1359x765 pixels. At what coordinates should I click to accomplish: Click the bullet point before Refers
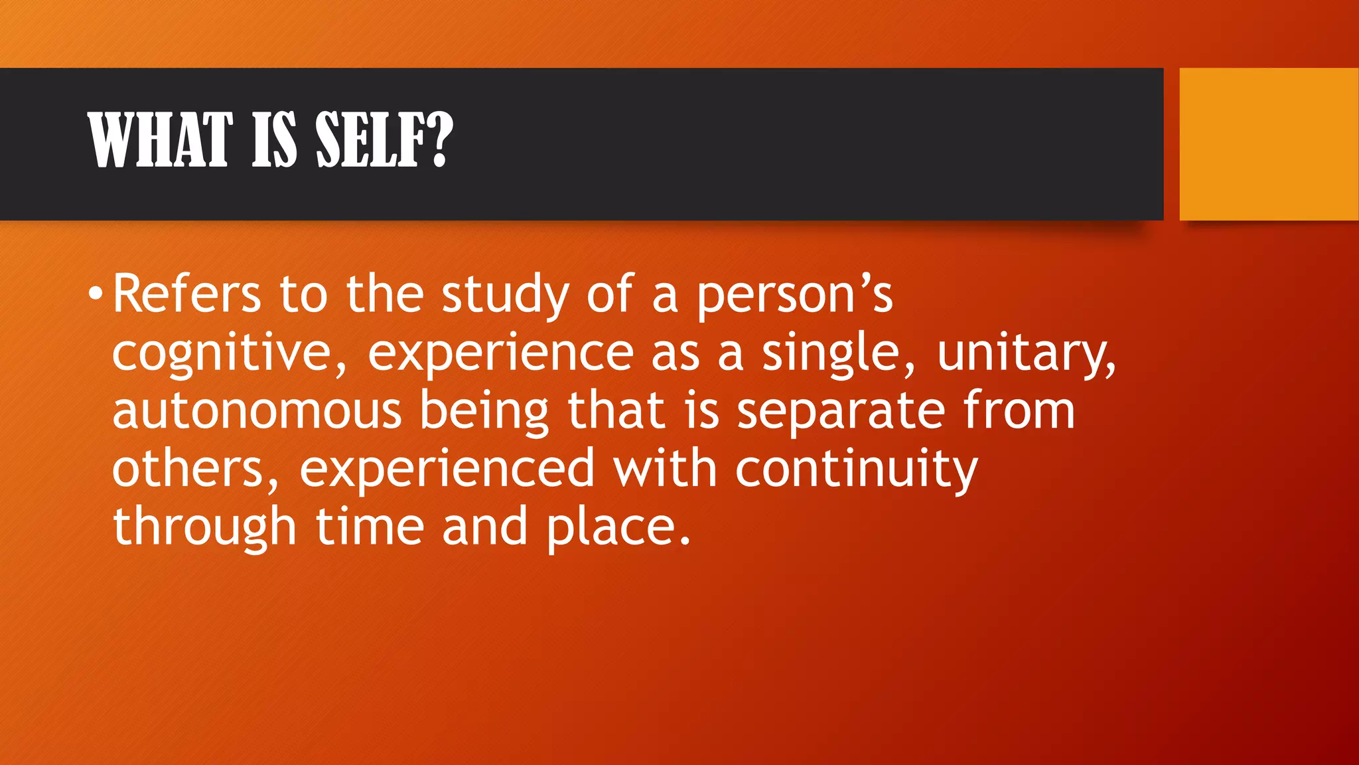96,293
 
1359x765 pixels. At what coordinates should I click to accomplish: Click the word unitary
1026,353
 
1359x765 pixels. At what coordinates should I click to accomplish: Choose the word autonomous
257,411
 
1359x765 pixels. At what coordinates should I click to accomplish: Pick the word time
369,527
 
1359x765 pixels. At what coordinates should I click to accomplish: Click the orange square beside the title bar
1269,144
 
